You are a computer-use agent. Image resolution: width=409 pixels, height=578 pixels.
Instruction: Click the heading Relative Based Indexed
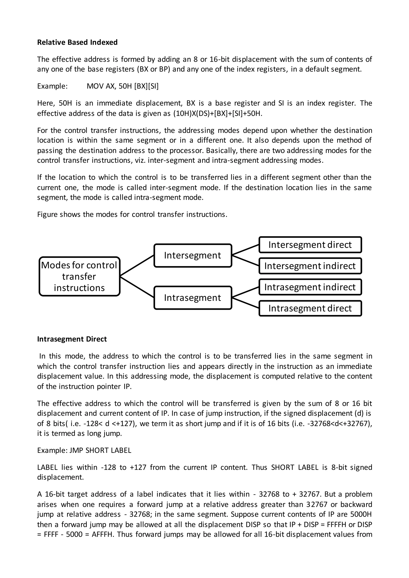[77, 42]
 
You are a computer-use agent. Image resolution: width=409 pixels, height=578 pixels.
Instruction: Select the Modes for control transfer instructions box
[79, 276]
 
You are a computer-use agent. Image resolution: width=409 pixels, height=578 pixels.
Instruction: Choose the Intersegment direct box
[310, 245]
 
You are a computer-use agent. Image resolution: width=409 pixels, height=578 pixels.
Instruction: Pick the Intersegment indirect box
[310, 266]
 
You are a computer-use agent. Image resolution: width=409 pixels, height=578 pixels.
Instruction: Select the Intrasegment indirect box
[310, 287]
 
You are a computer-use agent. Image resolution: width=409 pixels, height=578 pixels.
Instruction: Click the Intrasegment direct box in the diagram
[310, 308]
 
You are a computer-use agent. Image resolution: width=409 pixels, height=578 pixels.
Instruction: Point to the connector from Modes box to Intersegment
[137, 266]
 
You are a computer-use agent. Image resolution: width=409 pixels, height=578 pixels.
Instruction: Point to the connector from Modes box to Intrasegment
[137, 287]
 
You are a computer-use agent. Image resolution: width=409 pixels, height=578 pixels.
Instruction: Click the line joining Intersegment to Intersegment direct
[245, 250]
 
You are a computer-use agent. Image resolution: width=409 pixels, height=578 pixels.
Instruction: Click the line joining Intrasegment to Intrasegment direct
[245, 303]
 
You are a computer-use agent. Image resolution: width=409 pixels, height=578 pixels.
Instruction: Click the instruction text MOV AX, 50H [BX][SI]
[122, 86]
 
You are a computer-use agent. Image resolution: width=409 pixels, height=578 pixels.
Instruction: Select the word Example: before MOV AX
[52, 86]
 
